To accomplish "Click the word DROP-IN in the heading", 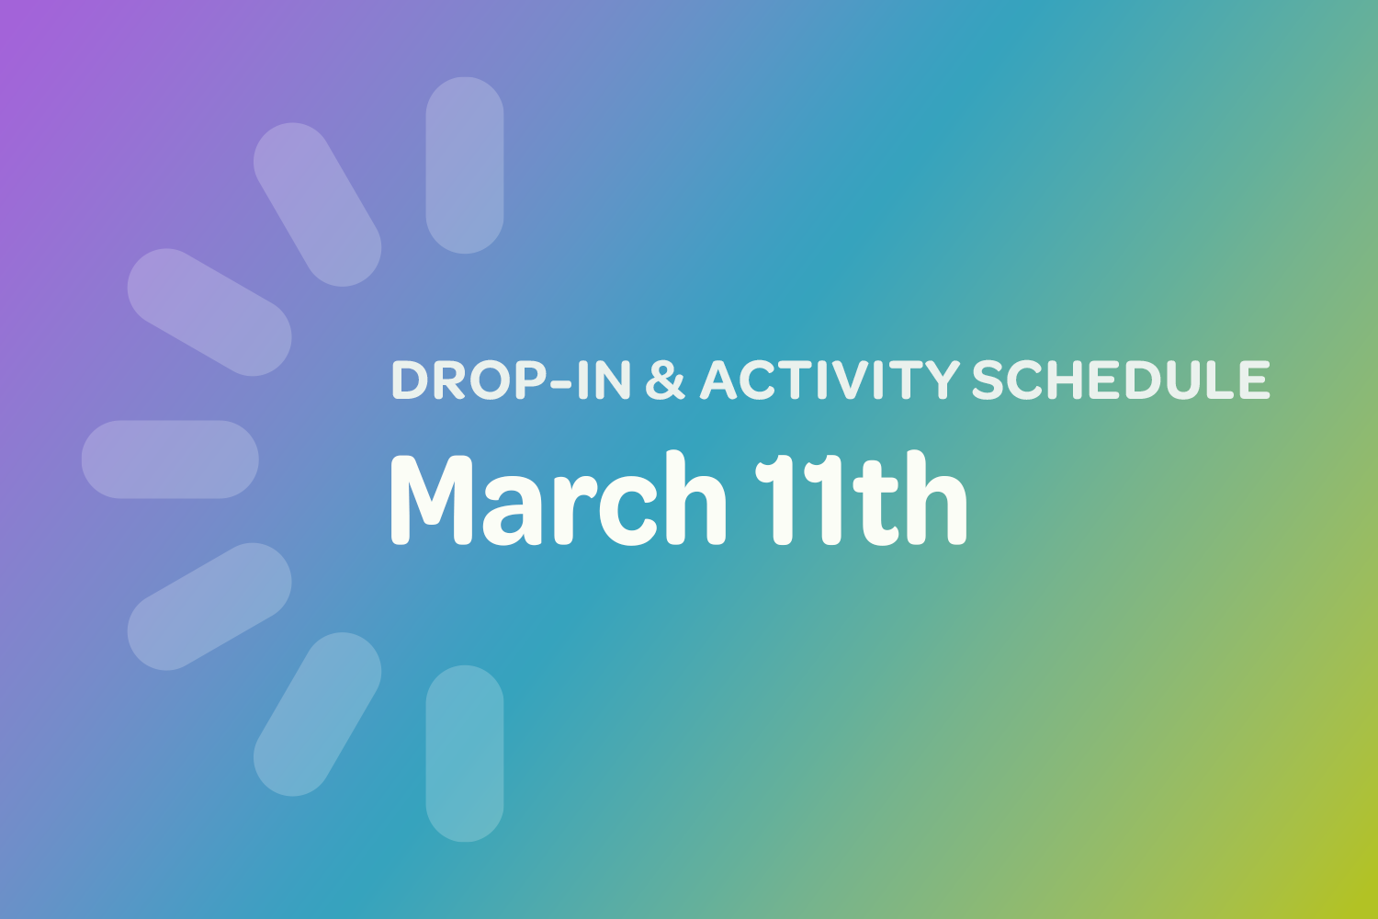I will pyautogui.click(x=511, y=380).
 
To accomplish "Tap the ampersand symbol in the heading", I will pyautogui.click(x=665, y=380).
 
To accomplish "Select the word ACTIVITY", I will pyautogui.click(x=830, y=380).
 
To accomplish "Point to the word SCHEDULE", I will pyautogui.click(x=1121, y=380).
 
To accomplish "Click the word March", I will pyautogui.click(x=558, y=501).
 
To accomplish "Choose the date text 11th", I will pyautogui.click(x=861, y=501).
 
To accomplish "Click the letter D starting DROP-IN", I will pyautogui.click(x=411, y=380).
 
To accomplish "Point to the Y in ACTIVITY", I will pyautogui.click(x=941, y=380).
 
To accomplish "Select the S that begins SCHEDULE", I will pyautogui.click(x=989, y=380).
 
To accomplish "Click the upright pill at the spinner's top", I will pyautogui.click(x=465, y=165).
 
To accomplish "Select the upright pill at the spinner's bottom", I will pyautogui.click(x=465, y=754).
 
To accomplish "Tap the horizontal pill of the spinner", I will pyautogui.click(x=170, y=459).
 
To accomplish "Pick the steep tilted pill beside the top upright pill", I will pyautogui.click(x=317, y=205).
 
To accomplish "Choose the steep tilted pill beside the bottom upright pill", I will pyautogui.click(x=317, y=714).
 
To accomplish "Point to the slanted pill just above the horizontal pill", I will pyautogui.click(x=209, y=312).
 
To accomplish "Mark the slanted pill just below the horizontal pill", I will pyautogui.click(x=209, y=607).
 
